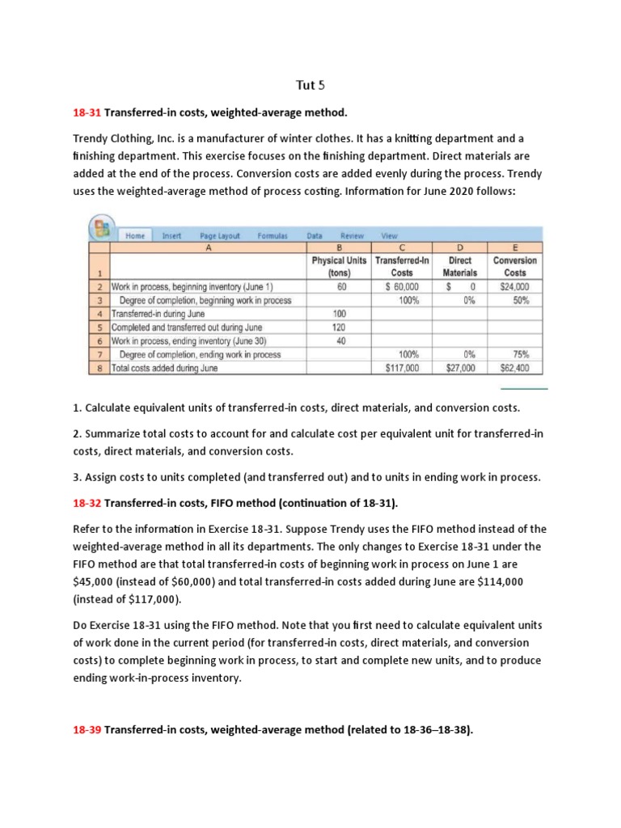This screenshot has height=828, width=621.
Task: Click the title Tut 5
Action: click(310, 84)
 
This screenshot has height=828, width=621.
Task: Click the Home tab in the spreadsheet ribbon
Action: click(135, 236)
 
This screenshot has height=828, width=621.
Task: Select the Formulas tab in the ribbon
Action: click(272, 236)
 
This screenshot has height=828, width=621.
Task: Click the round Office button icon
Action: click(103, 229)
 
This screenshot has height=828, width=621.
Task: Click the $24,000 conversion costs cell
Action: click(514, 287)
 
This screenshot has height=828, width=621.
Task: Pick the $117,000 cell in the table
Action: click(401, 368)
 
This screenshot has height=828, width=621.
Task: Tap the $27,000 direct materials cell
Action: click(460, 368)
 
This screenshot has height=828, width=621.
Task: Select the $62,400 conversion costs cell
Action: click(514, 368)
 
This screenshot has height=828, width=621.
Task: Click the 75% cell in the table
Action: click(521, 354)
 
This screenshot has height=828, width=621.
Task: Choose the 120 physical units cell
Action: click(340, 327)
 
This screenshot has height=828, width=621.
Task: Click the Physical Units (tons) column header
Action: click(340, 267)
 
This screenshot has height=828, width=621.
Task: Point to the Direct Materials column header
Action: click(460, 267)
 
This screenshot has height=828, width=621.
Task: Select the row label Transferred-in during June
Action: click(158, 314)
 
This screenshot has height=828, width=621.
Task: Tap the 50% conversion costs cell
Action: click(521, 300)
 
